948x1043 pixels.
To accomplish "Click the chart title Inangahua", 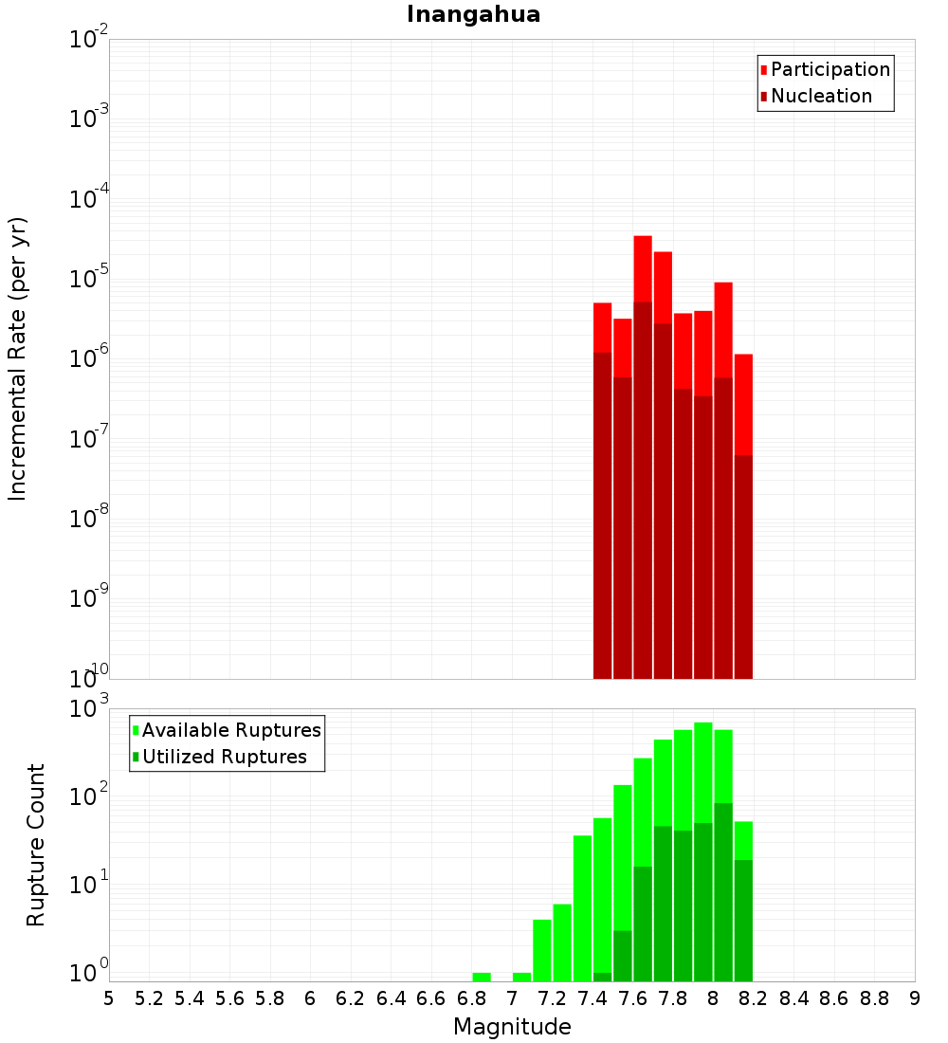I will [473, 14].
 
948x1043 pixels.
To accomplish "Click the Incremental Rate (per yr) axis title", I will [18, 358].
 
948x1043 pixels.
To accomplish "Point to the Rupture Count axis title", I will [36, 845].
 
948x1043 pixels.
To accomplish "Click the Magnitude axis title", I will [512, 1027].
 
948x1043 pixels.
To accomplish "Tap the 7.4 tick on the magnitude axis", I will [592, 998].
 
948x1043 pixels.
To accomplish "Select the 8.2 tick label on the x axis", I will [754, 998].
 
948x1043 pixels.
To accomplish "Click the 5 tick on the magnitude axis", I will [109, 998].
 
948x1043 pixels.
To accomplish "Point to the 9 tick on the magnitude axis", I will [915, 998].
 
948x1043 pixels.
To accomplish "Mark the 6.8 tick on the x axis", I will [471, 998].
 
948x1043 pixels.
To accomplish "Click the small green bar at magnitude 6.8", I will [482, 977].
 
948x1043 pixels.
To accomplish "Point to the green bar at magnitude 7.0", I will [521, 977].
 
